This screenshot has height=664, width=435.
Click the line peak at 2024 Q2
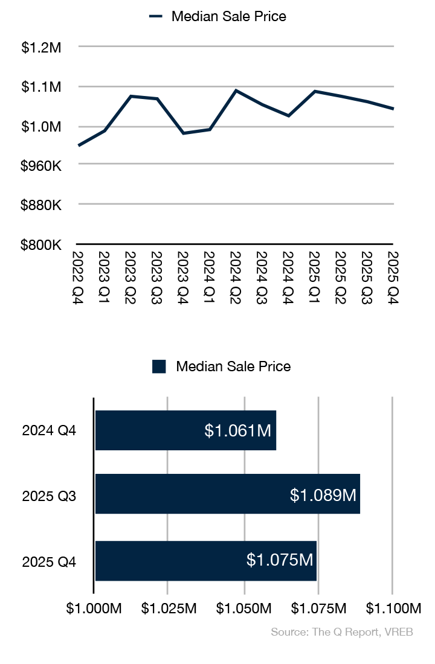point(236,91)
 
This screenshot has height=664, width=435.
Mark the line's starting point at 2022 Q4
point(79,145)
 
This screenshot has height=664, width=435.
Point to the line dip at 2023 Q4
point(183,133)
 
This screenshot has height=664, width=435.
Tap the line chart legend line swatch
point(156,17)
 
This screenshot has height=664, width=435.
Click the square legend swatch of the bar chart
point(159,366)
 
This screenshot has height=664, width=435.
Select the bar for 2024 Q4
point(185,430)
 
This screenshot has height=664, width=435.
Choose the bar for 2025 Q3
point(227,494)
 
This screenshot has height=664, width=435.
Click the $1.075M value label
point(280,560)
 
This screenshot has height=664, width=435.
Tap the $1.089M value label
point(324,495)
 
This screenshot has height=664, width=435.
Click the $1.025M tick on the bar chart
point(168,607)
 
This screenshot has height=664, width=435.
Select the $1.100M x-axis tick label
point(393,607)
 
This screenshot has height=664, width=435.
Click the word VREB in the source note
point(402,632)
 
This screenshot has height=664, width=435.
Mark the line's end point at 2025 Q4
point(393,109)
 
